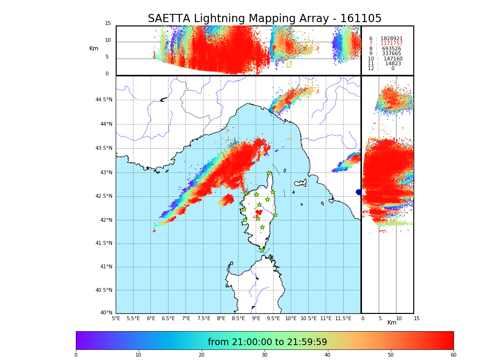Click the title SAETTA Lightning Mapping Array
[264, 19]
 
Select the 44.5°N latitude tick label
[104, 100]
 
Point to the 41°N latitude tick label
[106, 267]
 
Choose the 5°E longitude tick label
[116, 318]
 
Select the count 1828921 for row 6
[391, 38]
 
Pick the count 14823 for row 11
[393, 63]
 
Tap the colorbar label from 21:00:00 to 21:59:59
[267, 342]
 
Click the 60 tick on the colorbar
[453, 355]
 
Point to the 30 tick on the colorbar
[264, 355]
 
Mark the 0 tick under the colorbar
[76, 355]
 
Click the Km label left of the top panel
[94, 48]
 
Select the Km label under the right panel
[392, 323]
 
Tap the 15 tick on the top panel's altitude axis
[108, 24]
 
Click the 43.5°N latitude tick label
[104, 148]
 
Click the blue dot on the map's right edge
[359, 192]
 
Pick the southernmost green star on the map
[262, 250]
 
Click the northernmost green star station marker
[269, 173]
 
